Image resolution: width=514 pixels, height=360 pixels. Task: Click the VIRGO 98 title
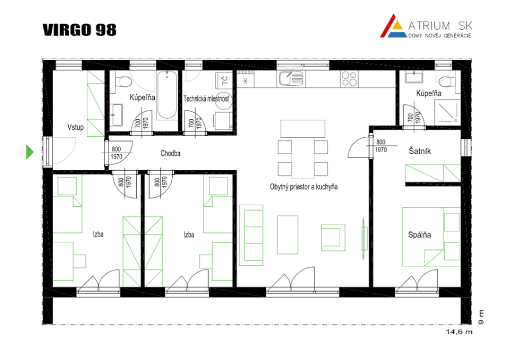point(79,30)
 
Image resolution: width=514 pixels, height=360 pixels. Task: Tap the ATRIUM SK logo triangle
point(393,26)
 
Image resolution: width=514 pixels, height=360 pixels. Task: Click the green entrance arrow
point(30,152)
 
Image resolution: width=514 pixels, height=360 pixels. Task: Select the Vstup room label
point(76,127)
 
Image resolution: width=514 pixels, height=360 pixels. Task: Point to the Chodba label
point(170,153)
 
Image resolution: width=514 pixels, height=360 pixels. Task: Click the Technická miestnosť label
point(206,98)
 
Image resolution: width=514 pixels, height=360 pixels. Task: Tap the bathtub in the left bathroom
point(167,95)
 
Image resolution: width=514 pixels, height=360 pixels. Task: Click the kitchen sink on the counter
point(290,79)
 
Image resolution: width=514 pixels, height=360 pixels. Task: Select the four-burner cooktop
point(349,79)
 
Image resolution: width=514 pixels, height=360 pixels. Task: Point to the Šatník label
point(419,151)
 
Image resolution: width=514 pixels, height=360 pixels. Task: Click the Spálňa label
point(419,235)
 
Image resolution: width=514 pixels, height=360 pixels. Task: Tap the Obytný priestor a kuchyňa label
point(304,187)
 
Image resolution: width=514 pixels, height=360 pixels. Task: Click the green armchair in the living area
point(333,238)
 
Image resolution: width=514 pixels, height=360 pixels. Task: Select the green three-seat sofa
point(251,235)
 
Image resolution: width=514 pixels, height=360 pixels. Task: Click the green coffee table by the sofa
point(287,235)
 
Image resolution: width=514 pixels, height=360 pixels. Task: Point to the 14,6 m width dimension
point(459,332)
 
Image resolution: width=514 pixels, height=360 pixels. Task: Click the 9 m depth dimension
point(481,317)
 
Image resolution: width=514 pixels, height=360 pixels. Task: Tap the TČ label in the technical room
point(225,80)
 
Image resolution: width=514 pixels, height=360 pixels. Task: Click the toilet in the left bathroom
point(122,81)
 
